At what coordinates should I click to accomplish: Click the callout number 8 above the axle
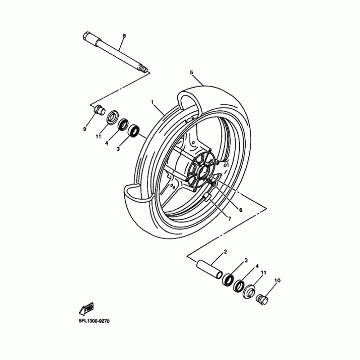click(124, 35)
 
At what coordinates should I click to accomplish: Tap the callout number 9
click(84, 129)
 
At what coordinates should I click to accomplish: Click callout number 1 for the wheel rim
click(153, 102)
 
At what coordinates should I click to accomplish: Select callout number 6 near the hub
click(241, 210)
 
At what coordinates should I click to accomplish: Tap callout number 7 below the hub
click(229, 219)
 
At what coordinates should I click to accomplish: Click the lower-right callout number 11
click(264, 273)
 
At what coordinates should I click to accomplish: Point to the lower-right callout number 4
click(257, 266)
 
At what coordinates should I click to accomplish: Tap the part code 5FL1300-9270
click(94, 321)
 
